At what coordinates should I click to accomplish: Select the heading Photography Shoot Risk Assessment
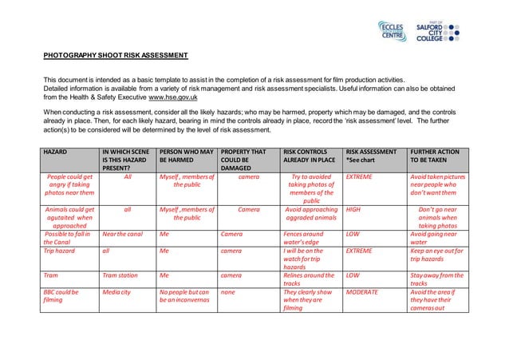click(x=116, y=56)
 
